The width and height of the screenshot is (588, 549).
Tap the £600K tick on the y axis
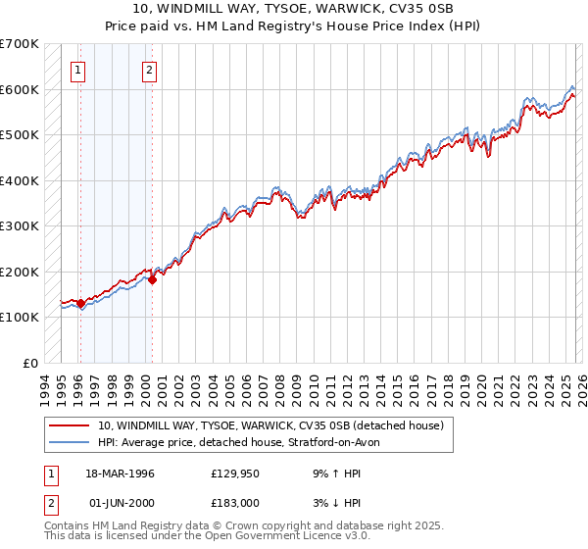[20, 89]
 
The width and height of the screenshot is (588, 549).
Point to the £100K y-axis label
[20, 317]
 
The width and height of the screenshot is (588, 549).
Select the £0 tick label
[30, 363]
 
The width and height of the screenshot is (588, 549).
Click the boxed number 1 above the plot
[77, 70]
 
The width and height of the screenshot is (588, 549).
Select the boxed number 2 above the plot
[149, 70]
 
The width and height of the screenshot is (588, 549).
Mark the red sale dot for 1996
[80, 304]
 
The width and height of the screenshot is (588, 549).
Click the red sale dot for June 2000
[152, 280]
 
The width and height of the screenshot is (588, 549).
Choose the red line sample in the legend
[69, 426]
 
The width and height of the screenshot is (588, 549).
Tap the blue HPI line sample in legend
[69, 441]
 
